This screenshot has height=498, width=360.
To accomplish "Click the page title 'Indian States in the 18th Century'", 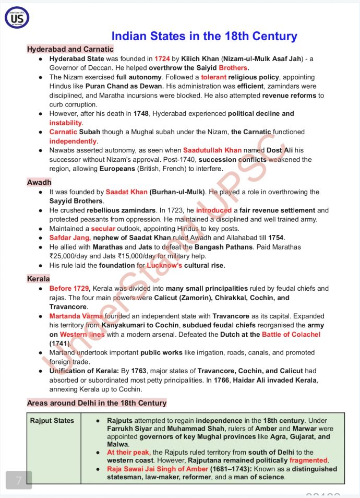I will point(204,36).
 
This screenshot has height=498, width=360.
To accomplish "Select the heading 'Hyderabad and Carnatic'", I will point(70,49).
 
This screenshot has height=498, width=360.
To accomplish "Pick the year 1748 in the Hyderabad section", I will point(140,113).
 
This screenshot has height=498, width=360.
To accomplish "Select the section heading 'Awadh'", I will point(39,182).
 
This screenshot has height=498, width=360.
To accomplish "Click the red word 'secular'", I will point(103,229).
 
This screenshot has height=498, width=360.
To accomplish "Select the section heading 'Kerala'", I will point(39,279).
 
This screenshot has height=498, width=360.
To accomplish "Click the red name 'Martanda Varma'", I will point(76,316).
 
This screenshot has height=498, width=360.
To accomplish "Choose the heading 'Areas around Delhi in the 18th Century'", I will point(97,402).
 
